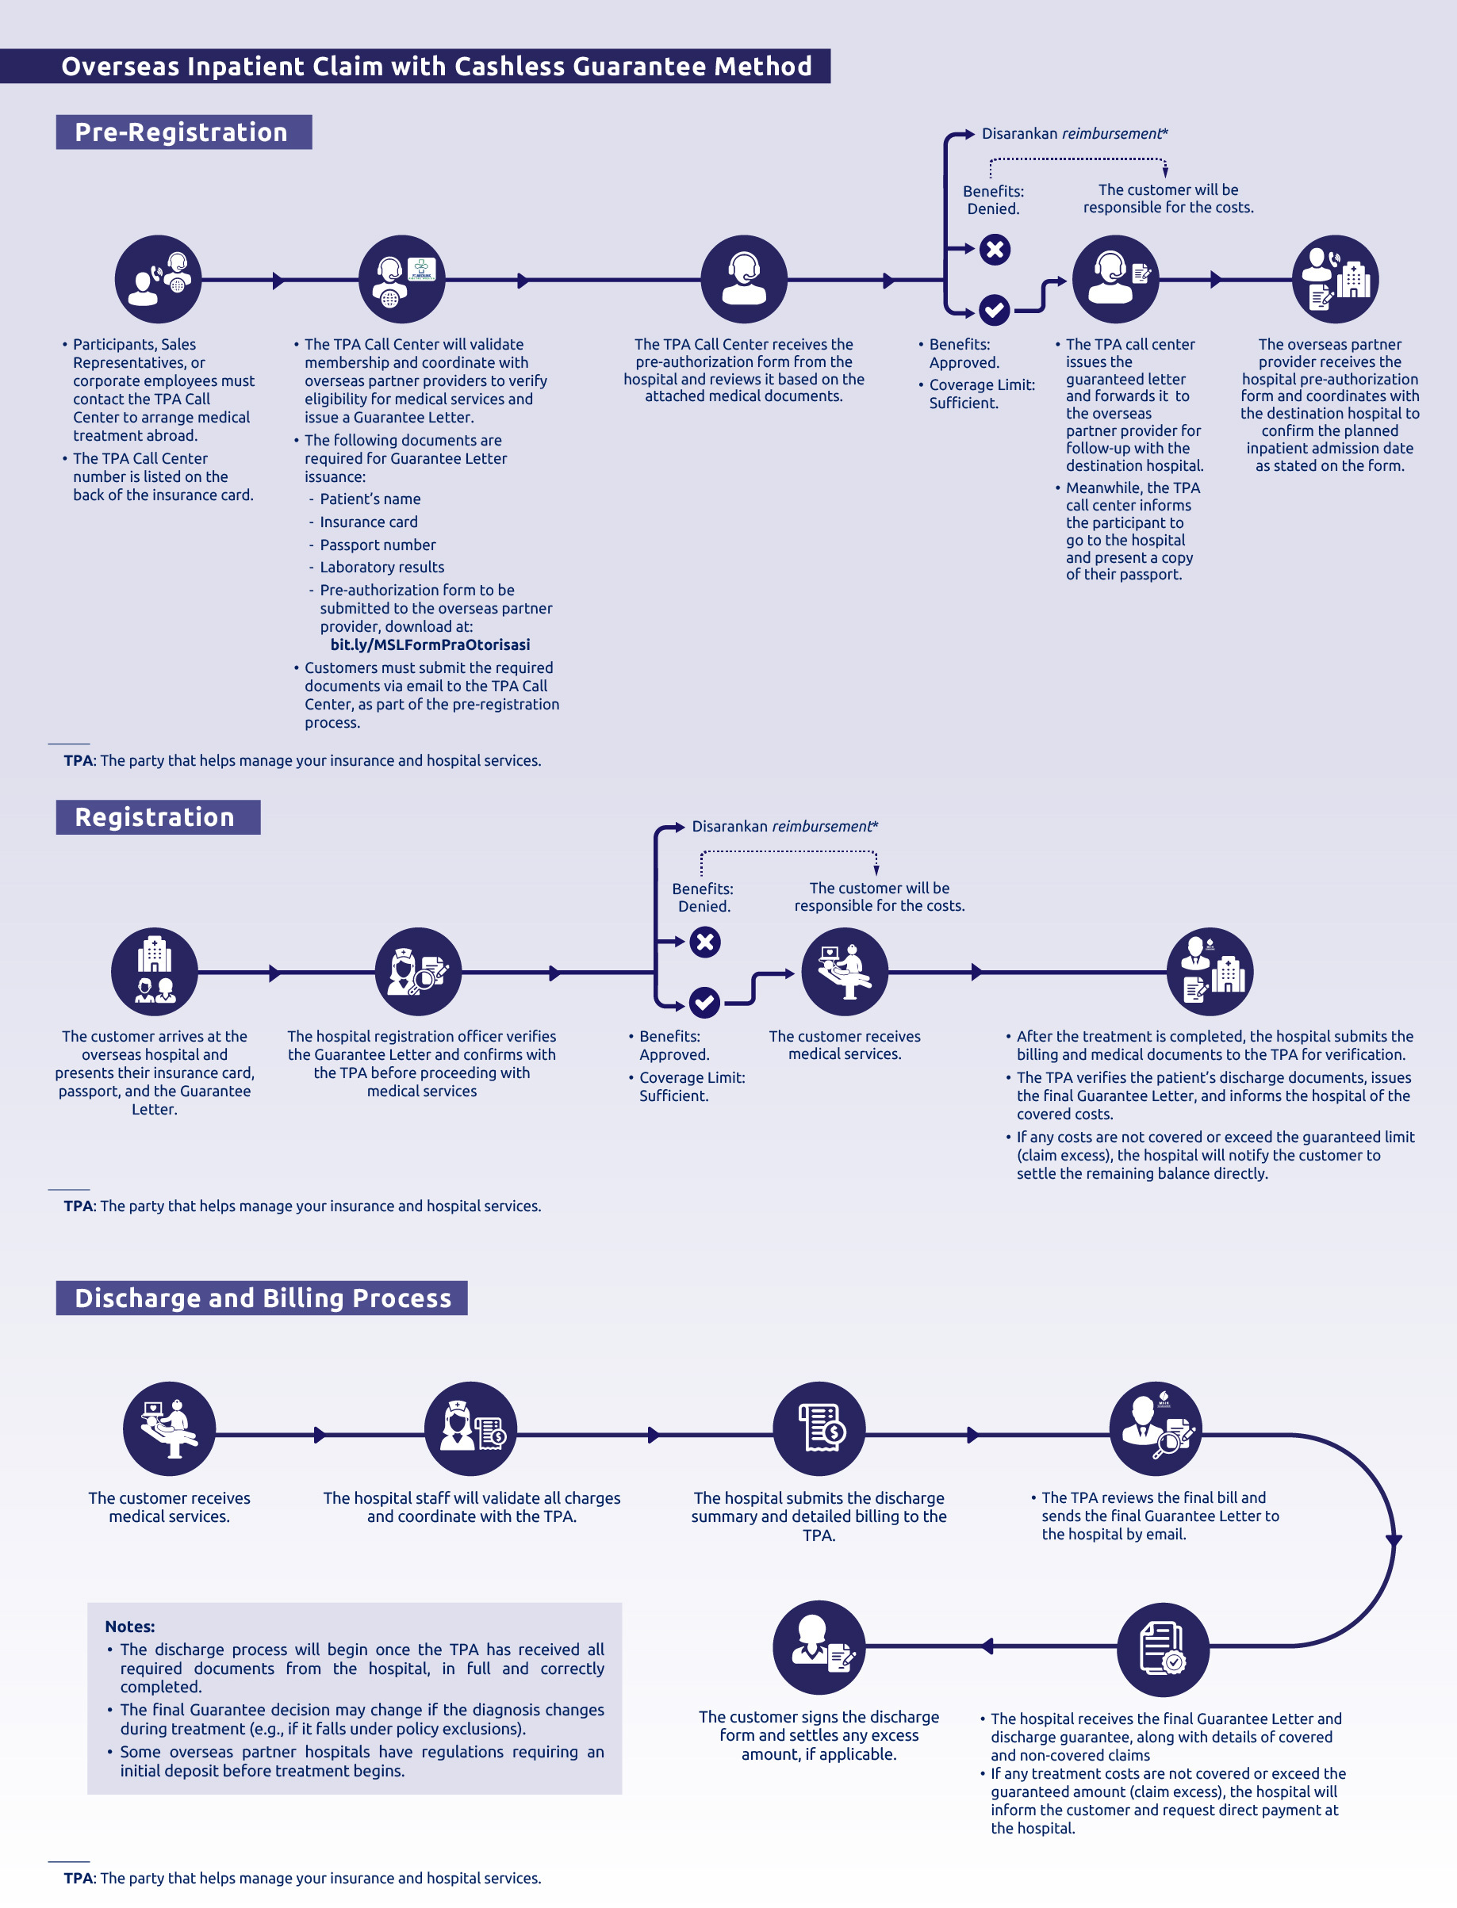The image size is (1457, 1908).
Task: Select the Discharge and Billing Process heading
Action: (262, 1297)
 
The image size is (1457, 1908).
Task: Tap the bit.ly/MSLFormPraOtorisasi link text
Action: (430, 644)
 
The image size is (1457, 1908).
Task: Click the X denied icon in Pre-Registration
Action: (995, 250)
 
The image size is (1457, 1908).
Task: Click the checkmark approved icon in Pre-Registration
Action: (994, 309)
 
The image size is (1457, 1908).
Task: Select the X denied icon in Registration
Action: (705, 942)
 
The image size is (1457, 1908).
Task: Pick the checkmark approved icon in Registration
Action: (704, 1003)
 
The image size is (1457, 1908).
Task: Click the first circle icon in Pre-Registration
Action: (158, 279)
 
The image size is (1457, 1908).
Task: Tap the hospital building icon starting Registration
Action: (155, 971)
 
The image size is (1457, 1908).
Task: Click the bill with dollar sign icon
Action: (819, 1428)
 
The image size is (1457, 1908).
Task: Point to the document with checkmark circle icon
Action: (1163, 1649)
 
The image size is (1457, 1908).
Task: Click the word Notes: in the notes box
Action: (130, 1627)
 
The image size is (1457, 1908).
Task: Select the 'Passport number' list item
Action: (378, 545)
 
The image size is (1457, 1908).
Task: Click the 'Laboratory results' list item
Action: (382, 567)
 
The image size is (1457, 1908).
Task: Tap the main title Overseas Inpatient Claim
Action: (437, 66)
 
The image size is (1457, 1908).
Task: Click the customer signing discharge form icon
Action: (819, 1647)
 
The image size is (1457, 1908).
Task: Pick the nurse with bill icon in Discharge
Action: (471, 1428)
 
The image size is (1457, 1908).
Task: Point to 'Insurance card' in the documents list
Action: (369, 522)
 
